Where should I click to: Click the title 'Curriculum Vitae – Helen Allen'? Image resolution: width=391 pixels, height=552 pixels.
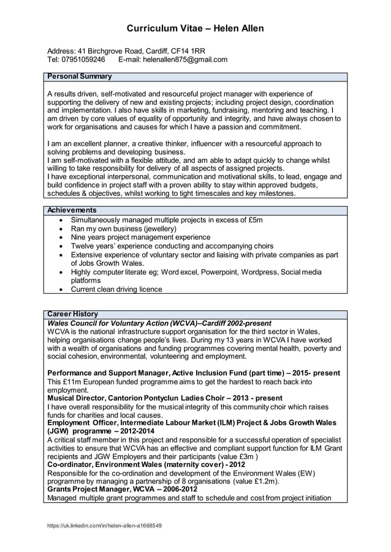(x=195, y=29)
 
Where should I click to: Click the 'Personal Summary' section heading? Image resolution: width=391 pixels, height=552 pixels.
(x=80, y=76)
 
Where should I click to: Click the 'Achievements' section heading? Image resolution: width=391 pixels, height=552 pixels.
(x=72, y=210)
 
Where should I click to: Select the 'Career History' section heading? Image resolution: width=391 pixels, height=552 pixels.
(x=73, y=314)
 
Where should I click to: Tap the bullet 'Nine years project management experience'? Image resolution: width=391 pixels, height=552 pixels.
(x=140, y=237)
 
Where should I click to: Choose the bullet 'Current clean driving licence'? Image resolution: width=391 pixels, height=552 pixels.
(x=116, y=289)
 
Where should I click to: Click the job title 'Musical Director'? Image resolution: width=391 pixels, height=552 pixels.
(x=76, y=398)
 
